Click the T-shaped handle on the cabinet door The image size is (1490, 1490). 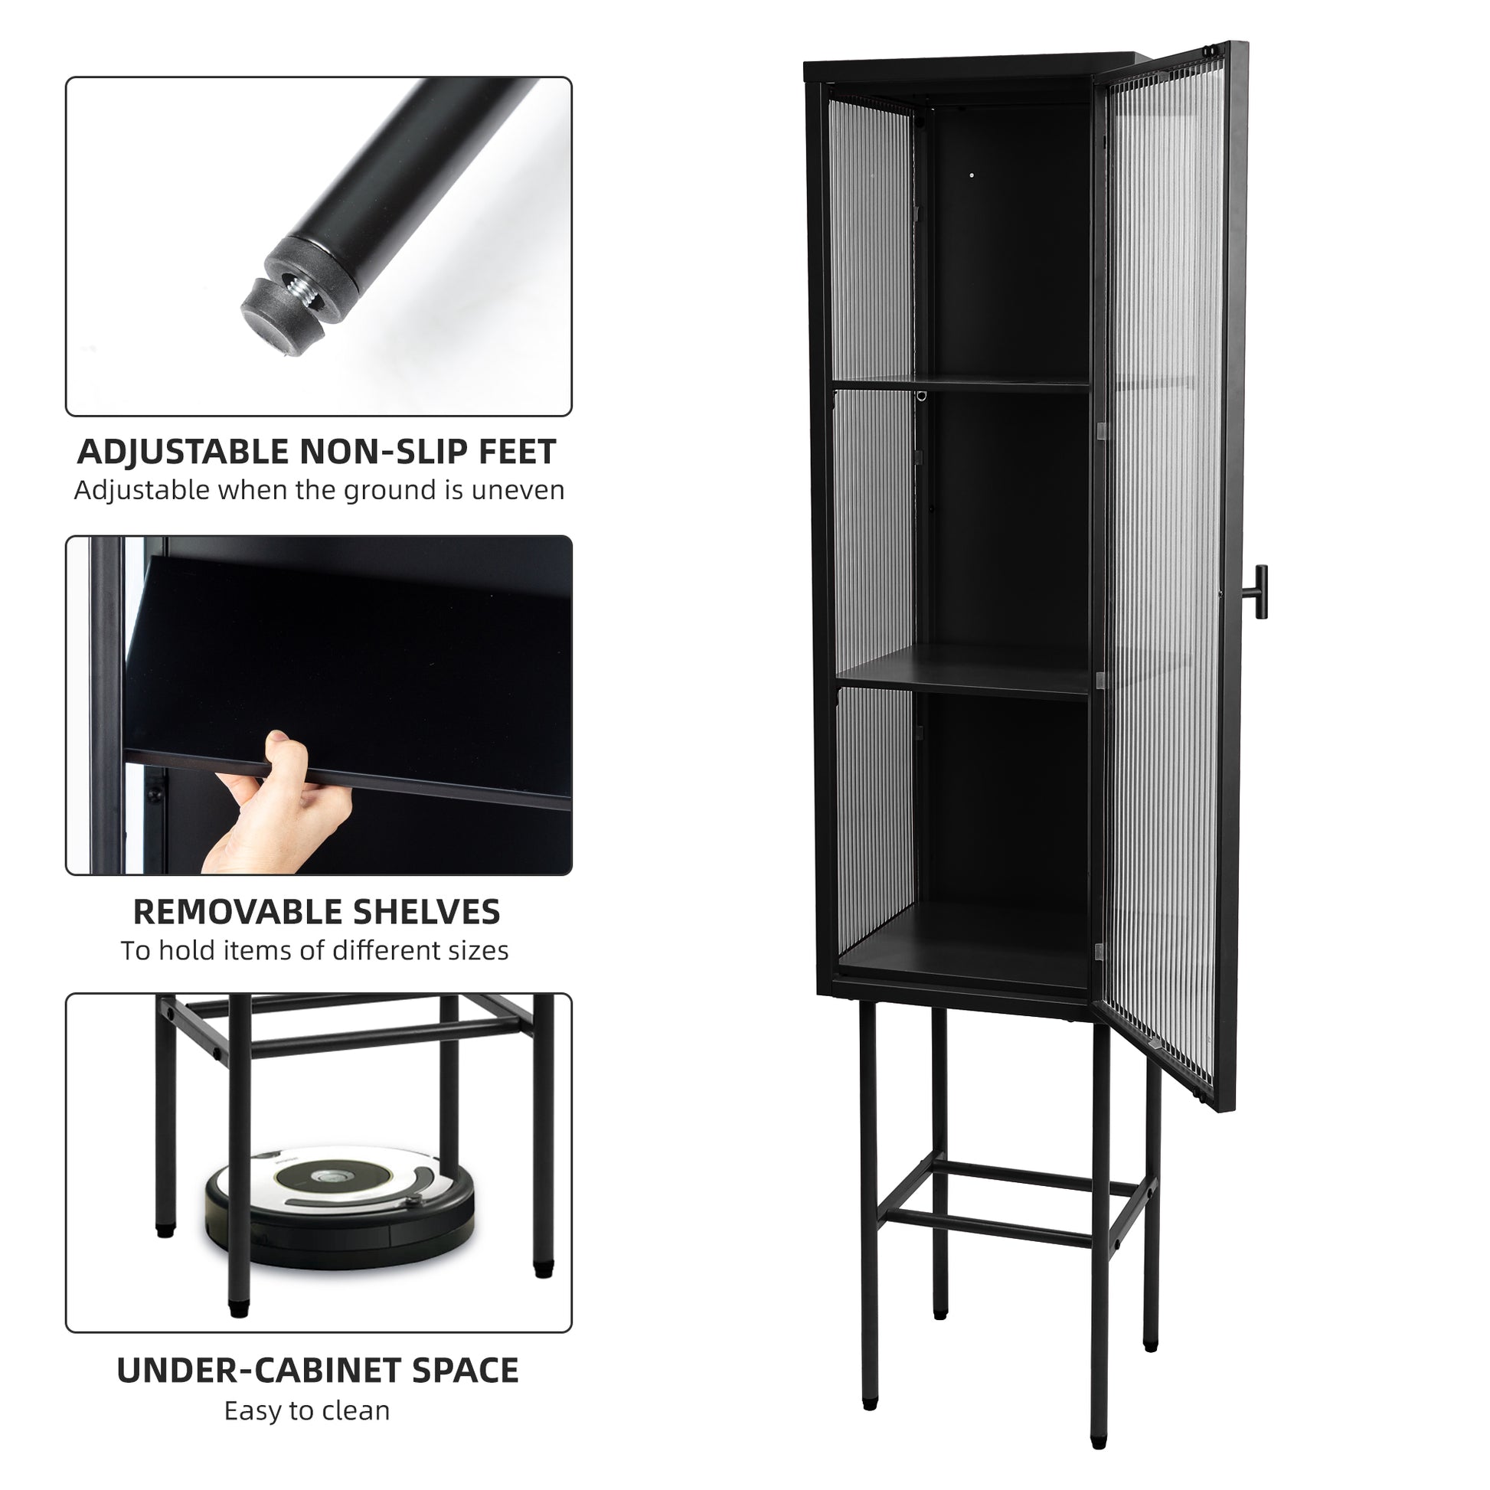coord(1260,592)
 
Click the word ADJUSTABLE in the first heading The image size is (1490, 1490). coord(182,452)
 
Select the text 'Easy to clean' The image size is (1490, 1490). coord(307,1410)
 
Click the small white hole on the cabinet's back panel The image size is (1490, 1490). coord(972,176)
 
